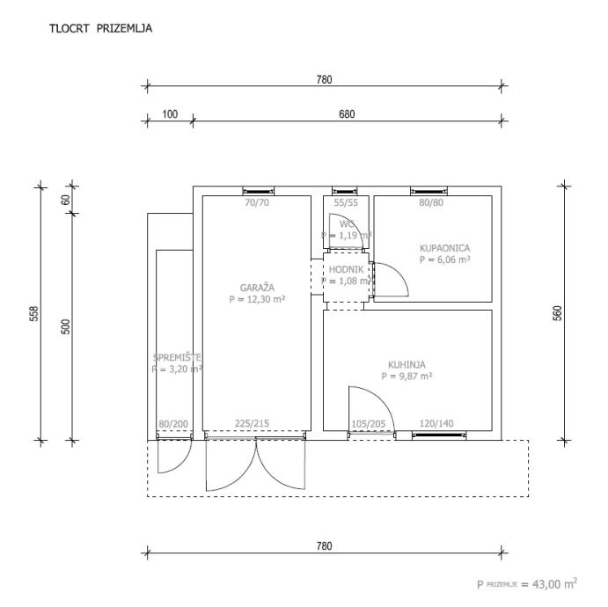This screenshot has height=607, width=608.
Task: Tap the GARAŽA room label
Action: (x=258, y=287)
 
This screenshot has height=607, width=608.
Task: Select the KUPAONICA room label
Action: (x=444, y=248)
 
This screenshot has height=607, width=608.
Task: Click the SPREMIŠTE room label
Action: (x=178, y=358)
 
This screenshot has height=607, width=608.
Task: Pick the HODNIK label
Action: (x=347, y=269)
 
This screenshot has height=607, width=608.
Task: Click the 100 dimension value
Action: (x=170, y=114)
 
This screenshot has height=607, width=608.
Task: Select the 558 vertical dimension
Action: (x=33, y=314)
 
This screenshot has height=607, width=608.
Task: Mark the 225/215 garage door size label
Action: (x=253, y=423)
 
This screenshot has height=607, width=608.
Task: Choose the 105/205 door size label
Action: (x=369, y=423)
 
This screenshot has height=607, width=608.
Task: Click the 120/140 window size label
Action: (x=436, y=423)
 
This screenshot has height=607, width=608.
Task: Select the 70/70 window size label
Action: (x=256, y=203)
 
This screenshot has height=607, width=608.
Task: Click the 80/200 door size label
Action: (x=173, y=423)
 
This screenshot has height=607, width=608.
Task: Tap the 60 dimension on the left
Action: (x=65, y=200)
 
